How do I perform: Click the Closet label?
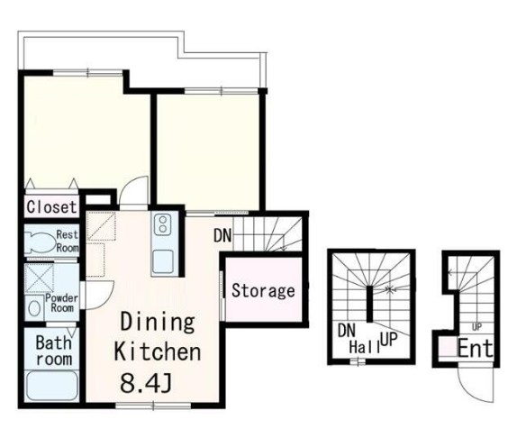[51, 206]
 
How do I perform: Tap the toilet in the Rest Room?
[40, 242]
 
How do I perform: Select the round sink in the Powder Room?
[34, 308]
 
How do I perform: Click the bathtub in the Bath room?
[52, 385]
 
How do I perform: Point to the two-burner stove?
[163, 224]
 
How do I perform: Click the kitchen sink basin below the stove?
[163, 261]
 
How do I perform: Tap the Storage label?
[263, 290]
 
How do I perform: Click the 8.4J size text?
[146, 383]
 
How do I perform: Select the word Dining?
[158, 322]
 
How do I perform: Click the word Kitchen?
[158, 351]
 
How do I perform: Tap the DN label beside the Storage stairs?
[222, 235]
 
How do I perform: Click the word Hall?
[365, 347]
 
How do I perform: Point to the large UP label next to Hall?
[389, 341]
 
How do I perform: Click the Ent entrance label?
[476, 349]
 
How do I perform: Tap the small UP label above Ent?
[476, 327]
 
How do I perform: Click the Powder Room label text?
[62, 303]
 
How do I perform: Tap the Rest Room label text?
[68, 242]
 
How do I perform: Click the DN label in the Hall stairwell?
[347, 331]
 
